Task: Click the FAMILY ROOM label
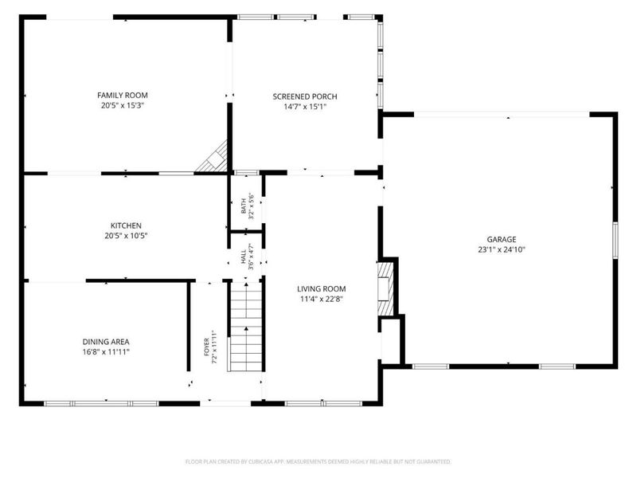pos(123,95)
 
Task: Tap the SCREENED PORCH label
pos(305,96)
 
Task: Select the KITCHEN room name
pos(126,225)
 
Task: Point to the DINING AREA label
pos(106,342)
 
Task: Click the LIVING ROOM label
pos(322,289)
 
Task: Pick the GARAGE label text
pos(502,240)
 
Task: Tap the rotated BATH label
pos(244,206)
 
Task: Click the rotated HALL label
pos(244,257)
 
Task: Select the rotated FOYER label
pos(206,347)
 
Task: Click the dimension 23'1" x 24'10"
pos(502,249)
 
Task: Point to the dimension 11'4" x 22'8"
pos(322,300)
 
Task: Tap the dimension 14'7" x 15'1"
pos(305,107)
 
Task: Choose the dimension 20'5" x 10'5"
pos(126,236)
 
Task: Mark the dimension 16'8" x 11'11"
pos(106,352)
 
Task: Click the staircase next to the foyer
pos(246,326)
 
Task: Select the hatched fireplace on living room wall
pos(385,288)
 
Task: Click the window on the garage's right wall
pos(616,241)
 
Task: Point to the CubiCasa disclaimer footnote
pos(318,462)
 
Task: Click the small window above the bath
pos(247,173)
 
